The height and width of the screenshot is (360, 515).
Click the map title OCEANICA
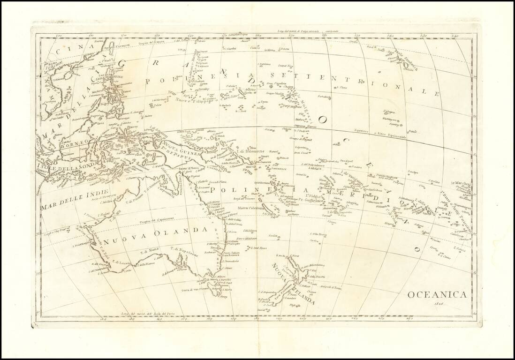[437, 295]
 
